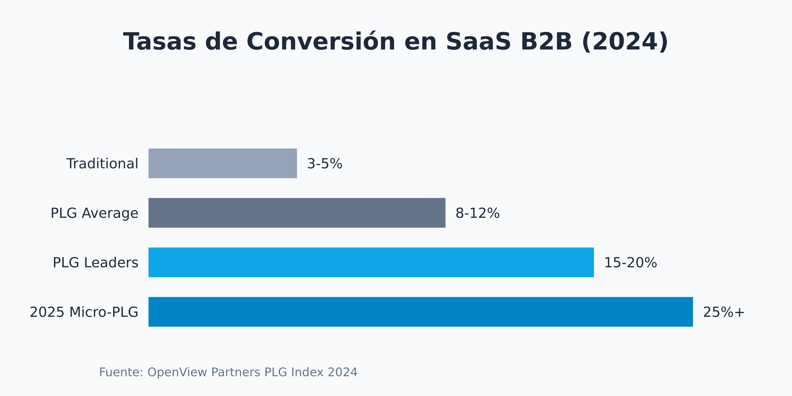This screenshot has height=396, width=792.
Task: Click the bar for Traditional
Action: pos(222,163)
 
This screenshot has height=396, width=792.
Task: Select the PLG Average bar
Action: pos(297,213)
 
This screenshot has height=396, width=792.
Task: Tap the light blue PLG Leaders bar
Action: pos(371,262)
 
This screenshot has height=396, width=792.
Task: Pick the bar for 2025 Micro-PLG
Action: pos(420,312)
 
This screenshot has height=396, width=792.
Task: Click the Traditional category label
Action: pos(102,164)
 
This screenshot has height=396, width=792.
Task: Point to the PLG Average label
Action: pos(94,213)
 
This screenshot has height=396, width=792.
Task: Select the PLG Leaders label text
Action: pos(95,263)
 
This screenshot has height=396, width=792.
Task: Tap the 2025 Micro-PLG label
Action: pos(84,312)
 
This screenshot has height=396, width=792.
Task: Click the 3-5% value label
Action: pos(325,164)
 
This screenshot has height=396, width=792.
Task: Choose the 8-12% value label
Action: pos(477,213)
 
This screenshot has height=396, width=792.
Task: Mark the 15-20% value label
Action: pos(630,263)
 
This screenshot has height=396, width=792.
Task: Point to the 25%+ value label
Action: pos(724,312)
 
